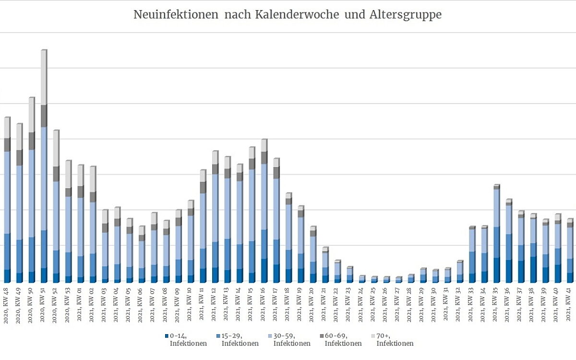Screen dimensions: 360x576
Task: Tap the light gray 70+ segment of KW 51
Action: tap(44, 77)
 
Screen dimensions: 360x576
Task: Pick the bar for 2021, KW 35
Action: tap(496, 235)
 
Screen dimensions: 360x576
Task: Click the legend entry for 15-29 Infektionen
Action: tap(237, 339)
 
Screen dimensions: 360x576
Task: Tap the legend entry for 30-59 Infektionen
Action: tap(289, 339)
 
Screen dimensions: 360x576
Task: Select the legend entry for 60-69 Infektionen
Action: tap(340, 339)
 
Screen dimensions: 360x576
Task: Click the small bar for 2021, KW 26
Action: tap(386, 279)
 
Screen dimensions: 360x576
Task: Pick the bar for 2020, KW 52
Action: tap(56, 206)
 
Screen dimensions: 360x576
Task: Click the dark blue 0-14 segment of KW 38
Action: tap(533, 270)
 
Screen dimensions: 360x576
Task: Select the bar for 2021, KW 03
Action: tap(105, 246)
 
